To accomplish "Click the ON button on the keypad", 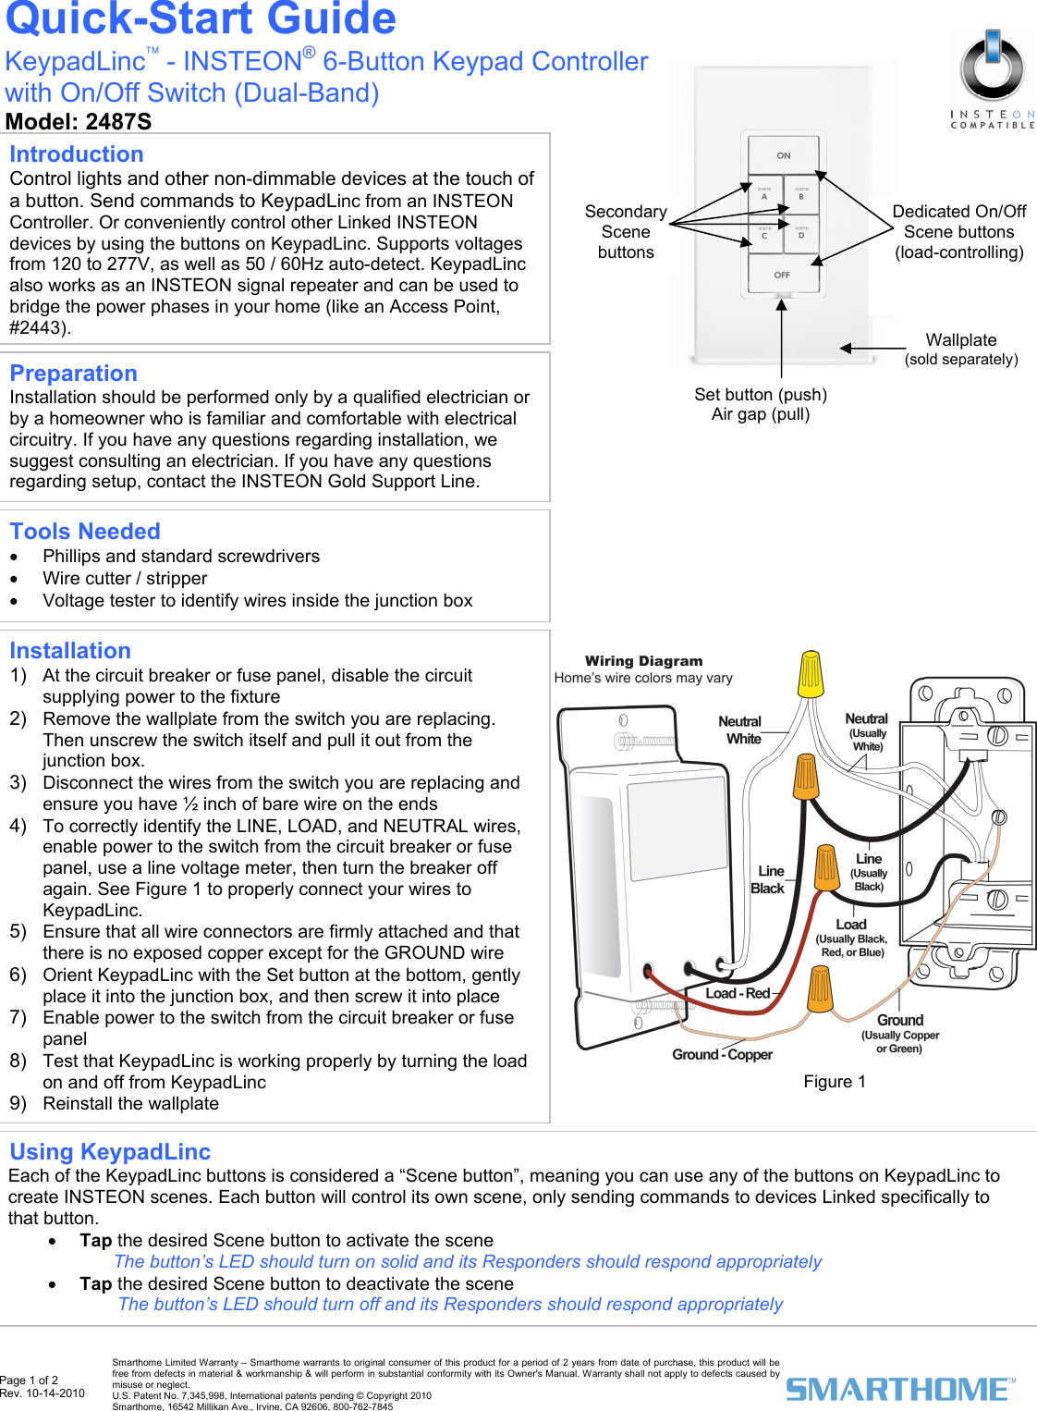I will click(x=783, y=155).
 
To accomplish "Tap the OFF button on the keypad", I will click(x=782, y=275).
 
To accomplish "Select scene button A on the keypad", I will click(x=764, y=195).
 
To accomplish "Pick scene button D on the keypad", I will click(x=801, y=234).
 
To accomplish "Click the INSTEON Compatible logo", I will click(x=993, y=80).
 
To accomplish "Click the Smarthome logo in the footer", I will click(x=899, y=1388).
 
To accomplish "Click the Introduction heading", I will click(x=77, y=154).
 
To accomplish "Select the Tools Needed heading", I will click(x=85, y=532).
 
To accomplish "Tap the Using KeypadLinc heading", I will click(x=110, y=1152).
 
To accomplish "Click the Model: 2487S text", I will click(x=79, y=122).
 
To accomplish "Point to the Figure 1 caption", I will click(x=835, y=1082).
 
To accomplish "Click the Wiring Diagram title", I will click(x=643, y=661).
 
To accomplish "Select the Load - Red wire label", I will click(x=738, y=994).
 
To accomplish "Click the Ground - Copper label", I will click(x=722, y=1055).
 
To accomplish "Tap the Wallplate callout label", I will click(x=961, y=340).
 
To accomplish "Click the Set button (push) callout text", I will click(x=760, y=395).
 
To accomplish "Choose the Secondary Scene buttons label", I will click(x=626, y=232).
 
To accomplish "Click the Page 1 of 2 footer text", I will click(x=29, y=1380).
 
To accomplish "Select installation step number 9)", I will click(x=18, y=1104).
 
